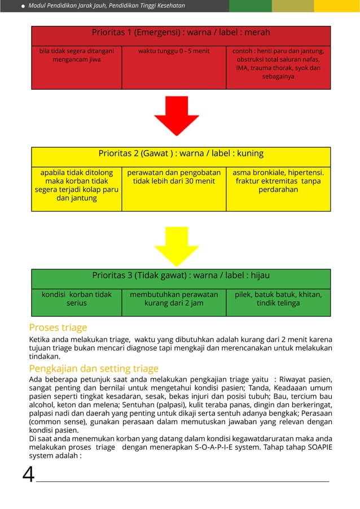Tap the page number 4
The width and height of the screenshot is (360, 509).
[x=28, y=475]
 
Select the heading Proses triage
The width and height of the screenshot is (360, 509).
[x=58, y=327]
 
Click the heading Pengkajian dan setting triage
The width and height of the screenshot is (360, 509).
[x=94, y=369]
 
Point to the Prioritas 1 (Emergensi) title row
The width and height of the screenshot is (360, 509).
[x=181, y=32]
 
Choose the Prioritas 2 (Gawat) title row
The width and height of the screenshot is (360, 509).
[x=181, y=153]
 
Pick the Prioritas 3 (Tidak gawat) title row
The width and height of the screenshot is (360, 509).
[x=181, y=275]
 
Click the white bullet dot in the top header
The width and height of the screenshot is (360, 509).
[x=22, y=6]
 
